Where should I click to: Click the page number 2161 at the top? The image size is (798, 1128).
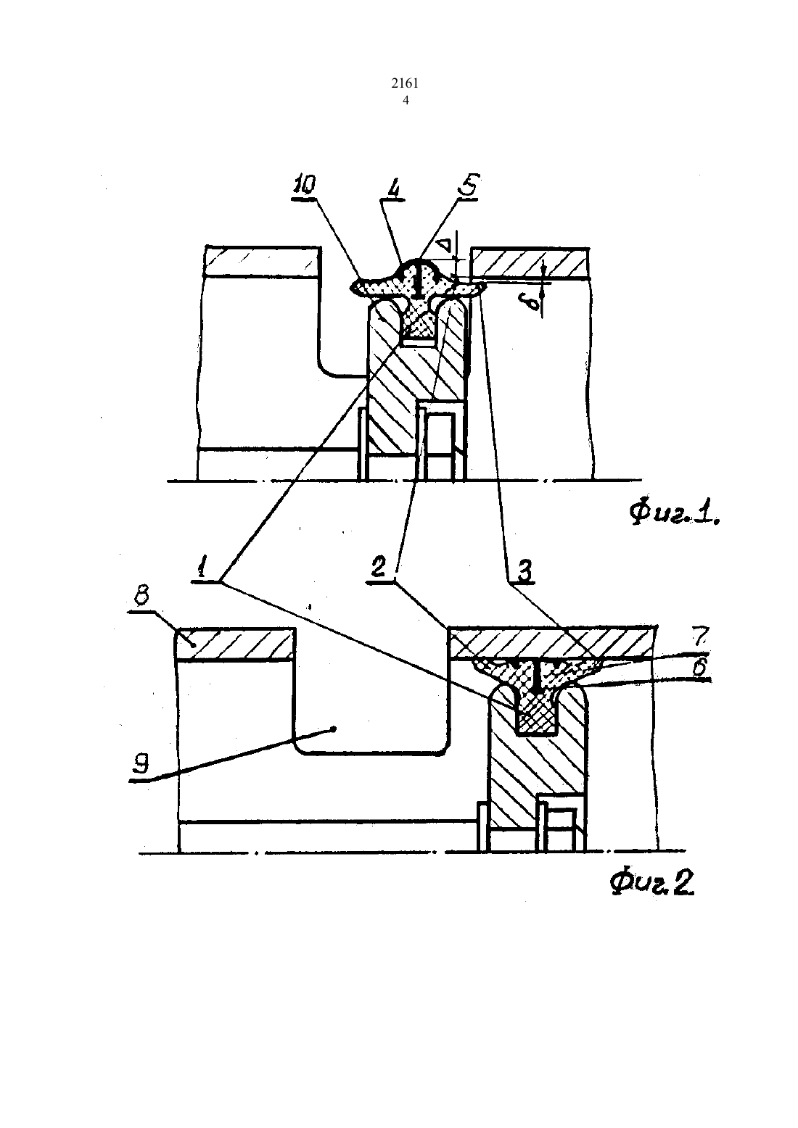[405, 83]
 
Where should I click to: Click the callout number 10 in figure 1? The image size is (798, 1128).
[304, 186]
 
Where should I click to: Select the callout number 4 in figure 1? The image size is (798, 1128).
[395, 188]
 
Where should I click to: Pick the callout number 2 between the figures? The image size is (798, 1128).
[378, 568]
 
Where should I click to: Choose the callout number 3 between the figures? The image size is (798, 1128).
[524, 572]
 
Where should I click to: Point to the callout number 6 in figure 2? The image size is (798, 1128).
[700, 667]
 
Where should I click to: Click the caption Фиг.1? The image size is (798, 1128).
[674, 514]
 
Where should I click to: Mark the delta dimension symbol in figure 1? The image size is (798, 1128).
[445, 246]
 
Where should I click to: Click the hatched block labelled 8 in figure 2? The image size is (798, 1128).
[235, 644]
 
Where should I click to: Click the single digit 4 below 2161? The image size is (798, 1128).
[405, 101]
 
